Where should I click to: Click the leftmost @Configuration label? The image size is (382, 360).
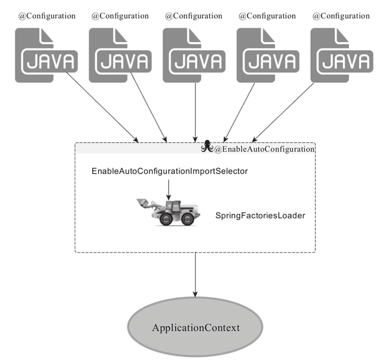pyautogui.click(x=47, y=16)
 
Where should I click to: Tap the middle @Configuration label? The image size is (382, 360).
pyautogui.click(x=193, y=16)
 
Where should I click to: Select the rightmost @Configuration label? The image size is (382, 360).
pyautogui.click(x=341, y=16)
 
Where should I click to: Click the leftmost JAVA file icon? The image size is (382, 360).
pyautogui.click(x=46, y=55)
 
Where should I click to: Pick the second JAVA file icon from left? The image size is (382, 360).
pyautogui.click(x=120, y=55)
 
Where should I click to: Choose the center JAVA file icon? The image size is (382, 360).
pyautogui.click(x=194, y=55)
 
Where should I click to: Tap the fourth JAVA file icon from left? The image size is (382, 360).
pyautogui.click(x=268, y=55)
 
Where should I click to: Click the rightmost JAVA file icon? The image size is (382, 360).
pyautogui.click(x=342, y=55)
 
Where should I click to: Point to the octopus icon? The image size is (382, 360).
pyautogui.click(x=207, y=146)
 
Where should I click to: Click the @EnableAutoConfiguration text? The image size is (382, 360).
pyautogui.click(x=265, y=149)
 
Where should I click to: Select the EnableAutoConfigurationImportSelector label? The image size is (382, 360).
pyautogui.click(x=169, y=171)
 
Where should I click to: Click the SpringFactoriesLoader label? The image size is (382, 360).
pyautogui.click(x=260, y=216)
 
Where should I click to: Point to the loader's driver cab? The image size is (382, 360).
pyautogui.click(x=173, y=207)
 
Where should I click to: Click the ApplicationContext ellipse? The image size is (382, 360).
pyautogui.click(x=195, y=327)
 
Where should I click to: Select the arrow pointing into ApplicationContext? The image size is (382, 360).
pyautogui.click(x=195, y=274)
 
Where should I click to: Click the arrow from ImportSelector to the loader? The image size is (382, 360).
pyautogui.click(x=168, y=190)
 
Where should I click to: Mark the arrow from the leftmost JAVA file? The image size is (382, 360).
pyautogui.click(x=102, y=107)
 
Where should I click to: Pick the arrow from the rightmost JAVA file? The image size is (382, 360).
pyautogui.click(x=283, y=112)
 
